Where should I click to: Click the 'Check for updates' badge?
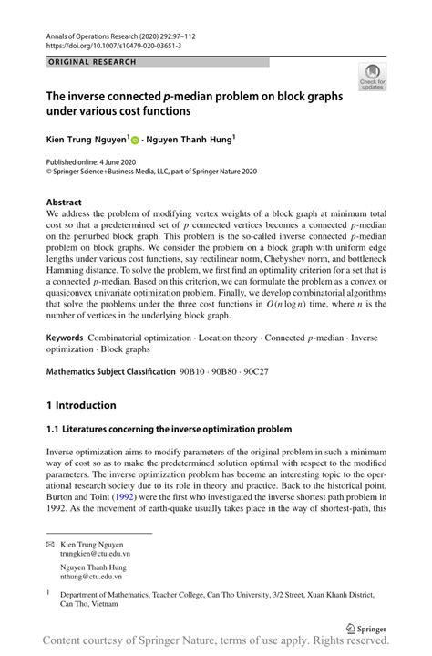[372, 77]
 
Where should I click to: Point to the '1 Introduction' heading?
[81, 405]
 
